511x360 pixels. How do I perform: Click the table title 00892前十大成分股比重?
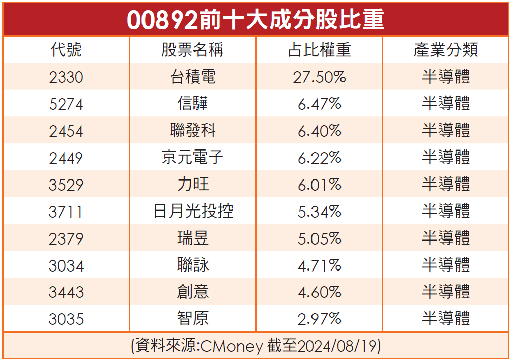tap(255, 21)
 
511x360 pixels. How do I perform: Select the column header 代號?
tap(66, 50)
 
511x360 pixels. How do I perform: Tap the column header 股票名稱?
tap(192, 50)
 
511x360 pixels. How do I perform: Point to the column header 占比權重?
tap(319, 50)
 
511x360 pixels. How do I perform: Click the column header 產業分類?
tap(445, 50)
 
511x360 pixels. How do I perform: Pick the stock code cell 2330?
tap(66, 77)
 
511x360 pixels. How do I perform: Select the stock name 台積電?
tap(192, 77)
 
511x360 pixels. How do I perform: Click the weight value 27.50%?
tap(319, 77)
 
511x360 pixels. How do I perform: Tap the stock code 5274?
tap(66, 104)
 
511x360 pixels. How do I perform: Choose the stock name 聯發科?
tap(192, 131)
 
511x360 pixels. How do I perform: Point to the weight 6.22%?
tap(319, 158)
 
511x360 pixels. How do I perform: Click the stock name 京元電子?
tap(192, 158)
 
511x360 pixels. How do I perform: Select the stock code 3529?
tap(66, 185)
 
